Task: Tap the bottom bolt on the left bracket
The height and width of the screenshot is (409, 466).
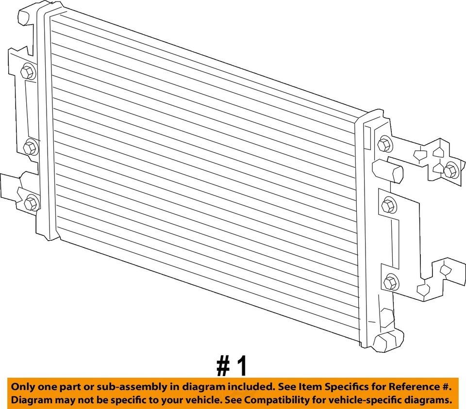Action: (32, 202)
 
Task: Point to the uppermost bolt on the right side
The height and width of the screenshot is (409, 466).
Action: (384, 144)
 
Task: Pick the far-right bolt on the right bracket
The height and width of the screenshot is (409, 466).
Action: (450, 170)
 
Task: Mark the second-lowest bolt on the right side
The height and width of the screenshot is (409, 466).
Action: (388, 206)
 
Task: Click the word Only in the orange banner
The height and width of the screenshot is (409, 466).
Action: (23, 387)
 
